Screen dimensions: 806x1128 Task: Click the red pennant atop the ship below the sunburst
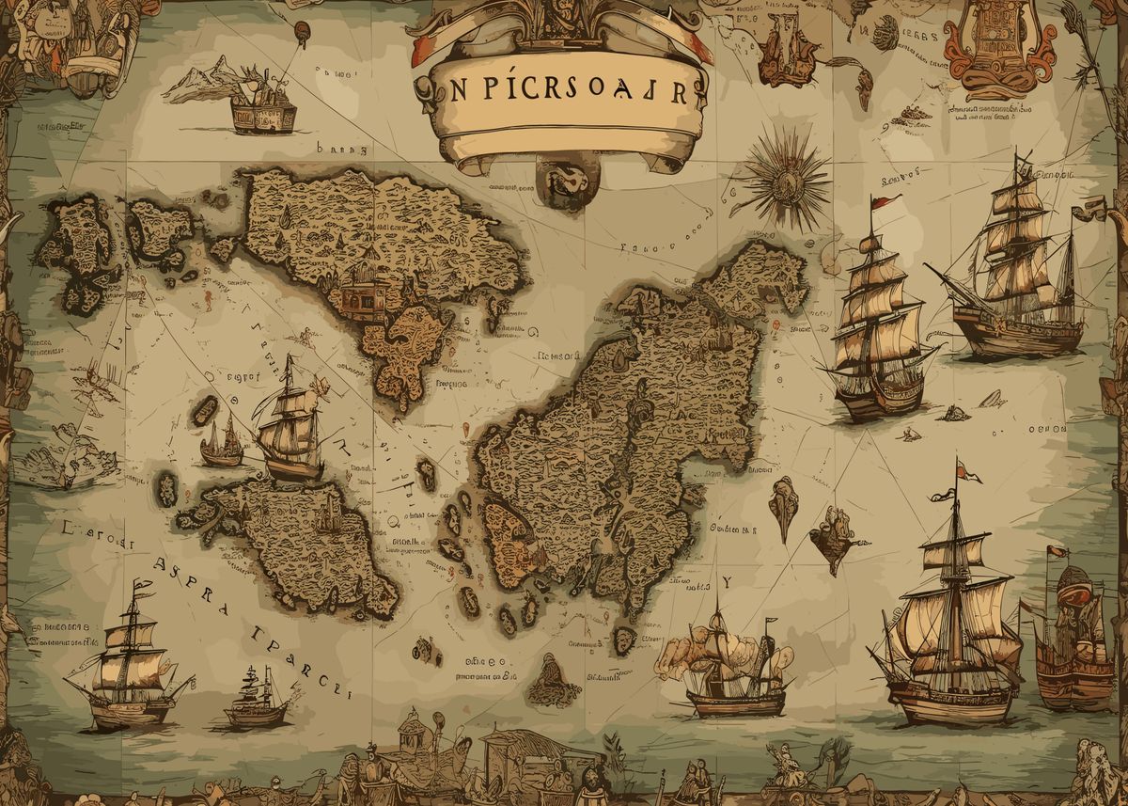click(881, 201)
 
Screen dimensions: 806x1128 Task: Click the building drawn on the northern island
click(363, 292)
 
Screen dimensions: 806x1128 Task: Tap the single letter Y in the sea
click(725, 582)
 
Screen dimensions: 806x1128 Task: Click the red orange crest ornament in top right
click(995, 47)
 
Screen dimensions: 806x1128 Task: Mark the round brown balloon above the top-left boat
click(303, 31)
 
